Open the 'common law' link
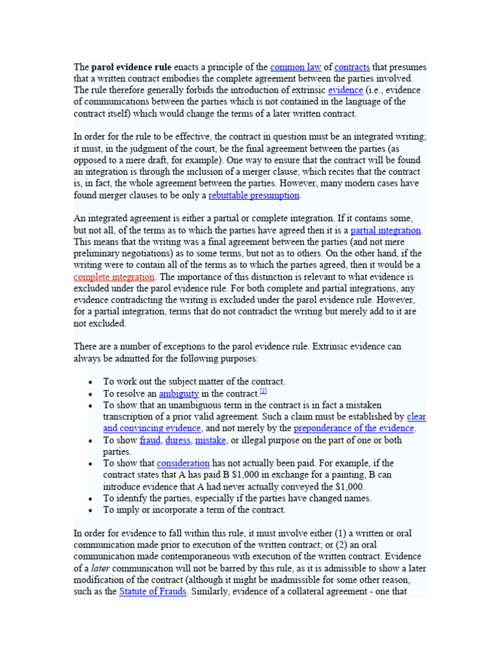[x=296, y=67]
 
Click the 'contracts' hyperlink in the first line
[x=352, y=67]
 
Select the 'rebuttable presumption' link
[x=254, y=195]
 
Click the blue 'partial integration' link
[x=386, y=230]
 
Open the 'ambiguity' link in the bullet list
[x=179, y=393]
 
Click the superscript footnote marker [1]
[x=263, y=391]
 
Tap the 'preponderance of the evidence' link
[x=354, y=428]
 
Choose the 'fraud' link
[x=150, y=440]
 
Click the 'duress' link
[x=178, y=440]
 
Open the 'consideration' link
[x=183, y=463]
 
